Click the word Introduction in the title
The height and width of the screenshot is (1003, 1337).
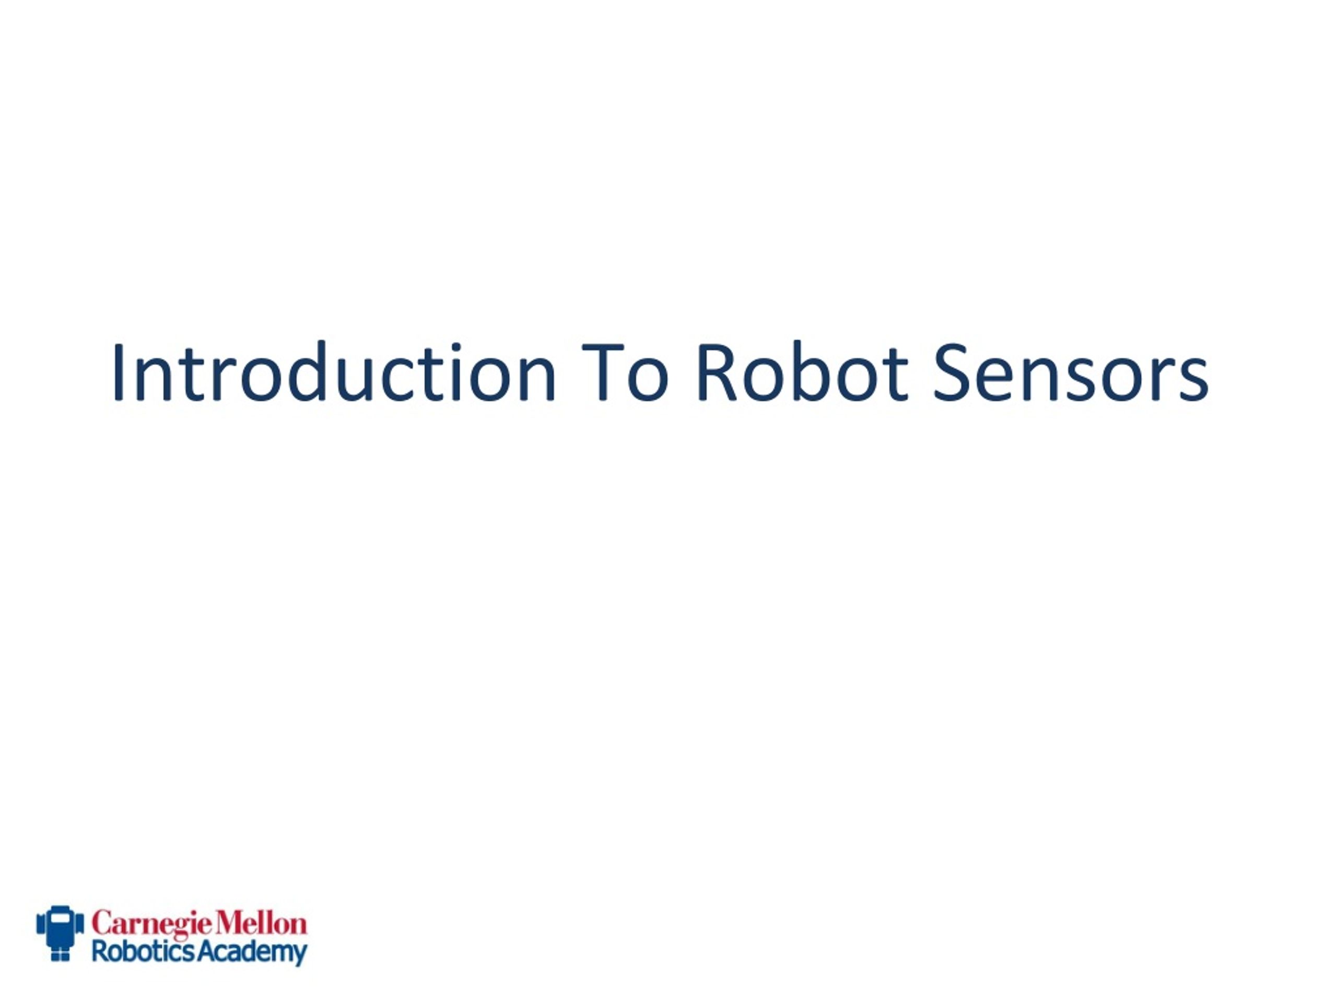tap(334, 371)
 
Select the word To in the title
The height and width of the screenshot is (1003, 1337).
tap(625, 373)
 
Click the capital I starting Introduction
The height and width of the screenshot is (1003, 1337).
tap(118, 373)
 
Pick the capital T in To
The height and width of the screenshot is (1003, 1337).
tap(602, 373)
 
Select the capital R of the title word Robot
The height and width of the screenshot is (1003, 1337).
tap(717, 373)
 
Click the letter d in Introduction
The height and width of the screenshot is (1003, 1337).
tap(307, 372)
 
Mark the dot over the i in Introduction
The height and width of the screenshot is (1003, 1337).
tap(456, 347)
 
